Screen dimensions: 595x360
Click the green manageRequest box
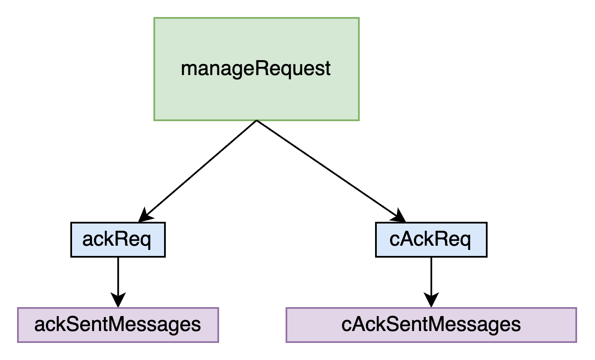(257, 69)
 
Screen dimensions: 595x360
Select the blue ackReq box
(118, 240)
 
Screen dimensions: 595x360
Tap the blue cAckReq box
(431, 240)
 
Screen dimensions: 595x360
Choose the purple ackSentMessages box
(118, 325)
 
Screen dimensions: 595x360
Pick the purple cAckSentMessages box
(431, 325)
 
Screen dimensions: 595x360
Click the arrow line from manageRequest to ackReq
(198, 171)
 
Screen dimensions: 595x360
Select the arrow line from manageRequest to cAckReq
(331, 171)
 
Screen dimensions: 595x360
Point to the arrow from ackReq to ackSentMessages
(118, 282)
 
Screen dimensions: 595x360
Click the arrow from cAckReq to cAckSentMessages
(431, 282)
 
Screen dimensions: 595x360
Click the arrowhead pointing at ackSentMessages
(118, 300)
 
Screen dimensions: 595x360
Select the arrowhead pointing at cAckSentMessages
(431, 300)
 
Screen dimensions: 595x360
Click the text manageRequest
(256, 69)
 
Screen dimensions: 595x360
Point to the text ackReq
(117, 240)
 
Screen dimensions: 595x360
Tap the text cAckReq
(430, 240)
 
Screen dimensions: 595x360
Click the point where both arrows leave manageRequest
(257, 120)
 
